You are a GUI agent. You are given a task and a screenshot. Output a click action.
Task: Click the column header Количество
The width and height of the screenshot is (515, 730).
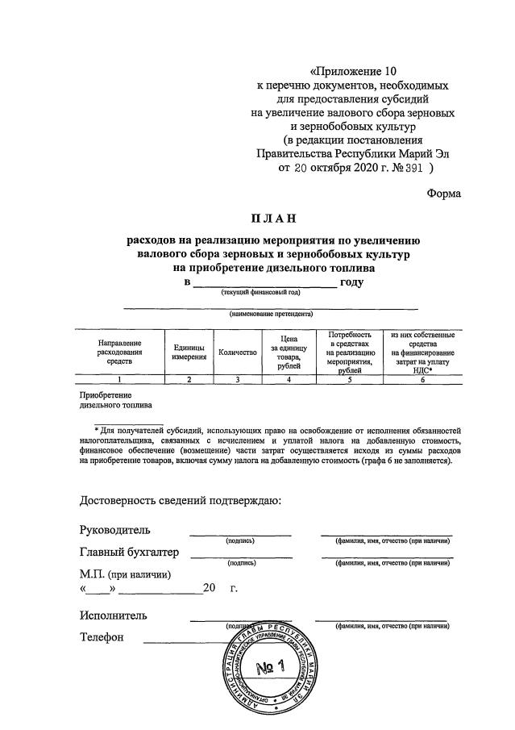(x=237, y=352)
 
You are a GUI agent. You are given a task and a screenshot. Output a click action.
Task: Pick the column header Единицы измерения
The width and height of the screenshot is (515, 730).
(x=189, y=352)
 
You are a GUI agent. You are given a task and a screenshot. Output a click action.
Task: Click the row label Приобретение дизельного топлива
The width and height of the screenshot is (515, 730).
(x=109, y=400)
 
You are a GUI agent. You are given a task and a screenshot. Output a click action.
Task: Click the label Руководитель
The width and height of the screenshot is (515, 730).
(x=114, y=530)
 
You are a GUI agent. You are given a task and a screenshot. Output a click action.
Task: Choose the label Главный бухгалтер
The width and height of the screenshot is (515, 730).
(x=129, y=553)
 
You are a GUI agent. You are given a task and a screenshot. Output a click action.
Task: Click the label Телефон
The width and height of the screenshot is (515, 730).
(x=102, y=638)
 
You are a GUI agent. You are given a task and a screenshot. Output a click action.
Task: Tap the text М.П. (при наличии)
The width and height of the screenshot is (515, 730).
(x=125, y=574)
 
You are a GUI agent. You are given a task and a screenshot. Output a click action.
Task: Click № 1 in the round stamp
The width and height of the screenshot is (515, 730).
(x=272, y=667)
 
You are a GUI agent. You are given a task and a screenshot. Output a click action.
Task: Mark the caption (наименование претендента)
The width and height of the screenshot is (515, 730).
(x=271, y=314)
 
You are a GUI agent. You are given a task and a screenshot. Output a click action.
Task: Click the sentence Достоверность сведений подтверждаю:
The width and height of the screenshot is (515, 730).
(x=181, y=502)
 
